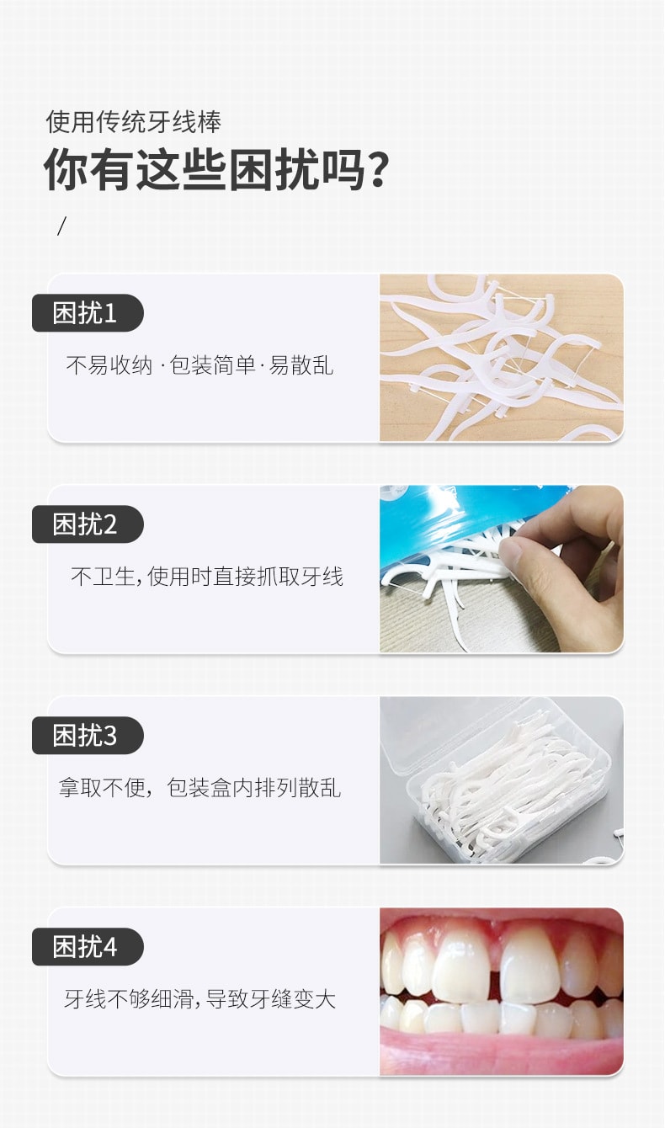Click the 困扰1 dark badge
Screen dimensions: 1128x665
pos(87,313)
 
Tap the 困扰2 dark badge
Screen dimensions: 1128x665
pos(87,524)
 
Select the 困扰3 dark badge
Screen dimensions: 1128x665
pos(87,736)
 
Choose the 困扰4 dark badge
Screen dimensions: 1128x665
pos(87,947)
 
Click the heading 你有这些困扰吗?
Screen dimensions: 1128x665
pos(215,169)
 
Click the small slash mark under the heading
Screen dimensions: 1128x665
pos(61,226)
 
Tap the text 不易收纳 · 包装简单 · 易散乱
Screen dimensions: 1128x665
pos(199,365)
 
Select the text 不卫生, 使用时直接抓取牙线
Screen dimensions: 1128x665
pos(207,577)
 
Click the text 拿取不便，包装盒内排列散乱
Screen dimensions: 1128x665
pos(199,788)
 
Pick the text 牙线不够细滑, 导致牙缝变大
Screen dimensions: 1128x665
pos(200,999)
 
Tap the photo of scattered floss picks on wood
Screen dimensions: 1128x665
pos(502,358)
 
